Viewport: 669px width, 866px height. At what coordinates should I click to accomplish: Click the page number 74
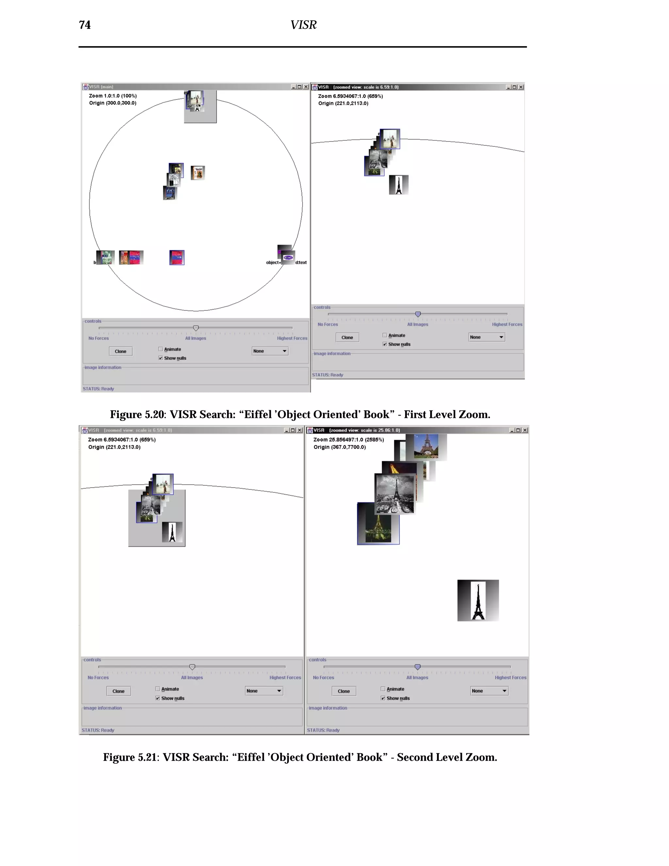(x=85, y=25)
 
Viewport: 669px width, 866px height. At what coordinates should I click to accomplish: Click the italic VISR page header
(x=303, y=25)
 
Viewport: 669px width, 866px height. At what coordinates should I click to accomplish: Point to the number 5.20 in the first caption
(x=154, y=414)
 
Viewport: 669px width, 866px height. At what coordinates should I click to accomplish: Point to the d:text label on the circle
(x=301, y=262)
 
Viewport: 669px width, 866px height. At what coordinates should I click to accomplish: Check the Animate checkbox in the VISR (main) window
(x=160, y=349)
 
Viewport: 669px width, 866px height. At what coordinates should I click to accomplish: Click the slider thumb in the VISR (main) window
(x=196, y=328)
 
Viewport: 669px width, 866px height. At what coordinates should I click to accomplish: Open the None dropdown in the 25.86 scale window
(x=489, y=691)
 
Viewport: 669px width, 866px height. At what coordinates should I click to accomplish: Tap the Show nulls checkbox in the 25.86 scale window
(x=383, y=698)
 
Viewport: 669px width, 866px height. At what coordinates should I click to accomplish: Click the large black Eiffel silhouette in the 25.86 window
(x=478, y=600)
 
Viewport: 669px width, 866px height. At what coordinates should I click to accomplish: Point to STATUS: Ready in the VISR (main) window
(x=98, y=389)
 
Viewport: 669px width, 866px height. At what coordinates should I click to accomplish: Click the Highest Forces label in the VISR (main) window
(x=292, y=338)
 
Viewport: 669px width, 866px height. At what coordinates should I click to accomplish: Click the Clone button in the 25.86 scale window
(x=344, y=691)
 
